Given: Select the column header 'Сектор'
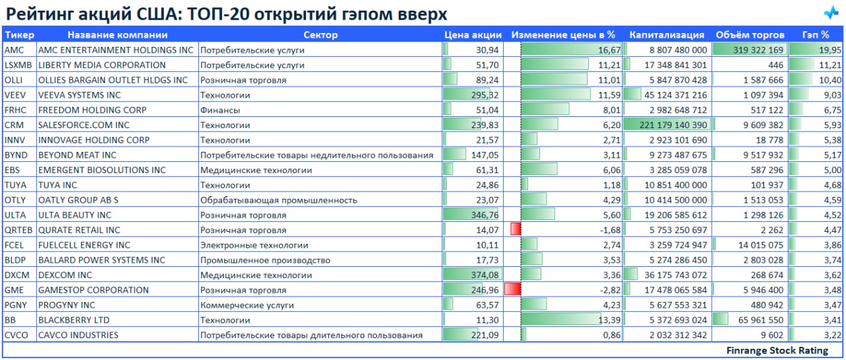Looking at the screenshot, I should (320, 35).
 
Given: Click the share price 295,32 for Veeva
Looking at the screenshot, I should (484, 95).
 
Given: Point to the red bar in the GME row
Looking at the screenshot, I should (512, 290).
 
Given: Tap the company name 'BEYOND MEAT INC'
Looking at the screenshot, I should (77, 155).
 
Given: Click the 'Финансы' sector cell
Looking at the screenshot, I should (220, 110).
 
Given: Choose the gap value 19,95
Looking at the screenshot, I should (830, 50).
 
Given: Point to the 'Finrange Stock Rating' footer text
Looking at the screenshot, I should (777, 351).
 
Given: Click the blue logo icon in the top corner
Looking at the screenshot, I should (830, 13).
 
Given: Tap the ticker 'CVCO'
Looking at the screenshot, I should (16, 335).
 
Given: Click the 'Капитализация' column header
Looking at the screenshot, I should (666, 35).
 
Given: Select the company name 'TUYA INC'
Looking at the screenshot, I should (58, 185).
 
